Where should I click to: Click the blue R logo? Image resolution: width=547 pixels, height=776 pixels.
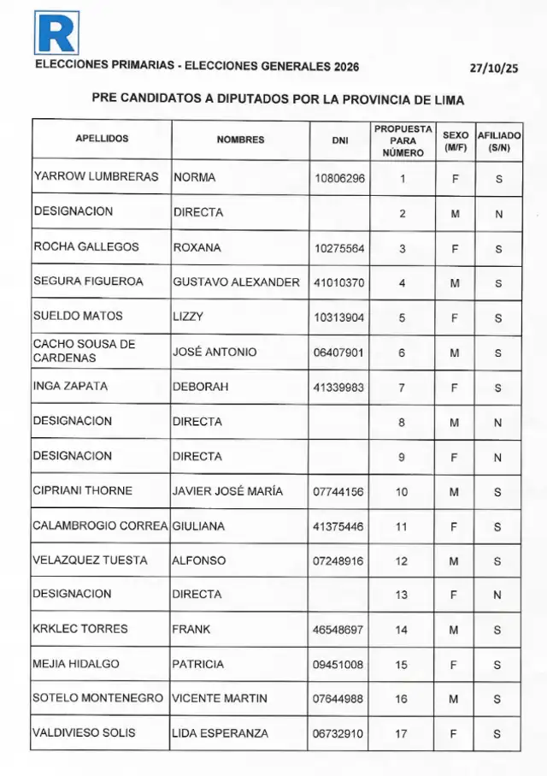point(56,33)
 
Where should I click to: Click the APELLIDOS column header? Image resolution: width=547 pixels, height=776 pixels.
point(102,139)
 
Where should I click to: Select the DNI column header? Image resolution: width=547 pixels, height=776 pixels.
point(339,140)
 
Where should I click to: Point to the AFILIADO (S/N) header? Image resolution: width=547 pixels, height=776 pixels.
point(498,140)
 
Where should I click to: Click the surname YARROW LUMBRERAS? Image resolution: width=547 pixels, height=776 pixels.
point(96,178)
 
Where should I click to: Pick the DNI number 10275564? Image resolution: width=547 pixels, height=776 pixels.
point(339,248)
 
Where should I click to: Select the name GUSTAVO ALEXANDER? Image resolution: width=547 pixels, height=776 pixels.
point(236,282)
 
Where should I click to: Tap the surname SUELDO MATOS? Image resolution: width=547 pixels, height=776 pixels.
point(78,317)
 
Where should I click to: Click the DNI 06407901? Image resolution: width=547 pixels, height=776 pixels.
point(339,352)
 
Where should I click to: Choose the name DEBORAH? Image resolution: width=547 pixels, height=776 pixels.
point(201,387)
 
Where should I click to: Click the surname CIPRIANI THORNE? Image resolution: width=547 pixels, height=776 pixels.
point(83,491)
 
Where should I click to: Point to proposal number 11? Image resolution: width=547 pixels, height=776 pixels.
point(402,526)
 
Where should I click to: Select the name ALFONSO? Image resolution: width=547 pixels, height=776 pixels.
point(199,560)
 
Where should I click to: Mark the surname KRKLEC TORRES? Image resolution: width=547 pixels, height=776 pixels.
point(80,629)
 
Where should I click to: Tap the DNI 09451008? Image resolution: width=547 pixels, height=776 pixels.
point(339,664)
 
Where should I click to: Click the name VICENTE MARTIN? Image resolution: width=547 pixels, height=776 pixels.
point(220,698)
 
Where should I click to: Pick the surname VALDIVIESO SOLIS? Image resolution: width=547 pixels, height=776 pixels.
point(84,733)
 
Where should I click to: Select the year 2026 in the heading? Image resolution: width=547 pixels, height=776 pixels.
point(342,68)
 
